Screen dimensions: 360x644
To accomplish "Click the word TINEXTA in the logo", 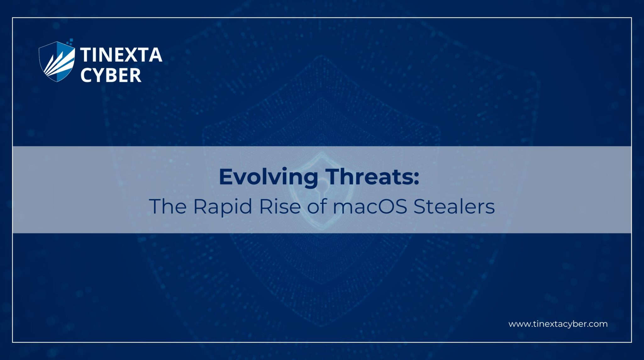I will click(121, 55).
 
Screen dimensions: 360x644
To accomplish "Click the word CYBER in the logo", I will click(111, 75).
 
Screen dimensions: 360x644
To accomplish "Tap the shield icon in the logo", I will click(57, 62).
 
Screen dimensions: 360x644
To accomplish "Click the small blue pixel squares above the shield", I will click(70, 42).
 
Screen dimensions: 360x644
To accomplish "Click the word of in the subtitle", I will click(317, 206).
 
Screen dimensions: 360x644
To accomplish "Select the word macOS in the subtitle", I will click(370, 207).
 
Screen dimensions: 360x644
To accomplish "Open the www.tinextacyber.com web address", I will click(558, 324).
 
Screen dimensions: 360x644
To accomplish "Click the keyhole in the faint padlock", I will click(322, 192).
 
